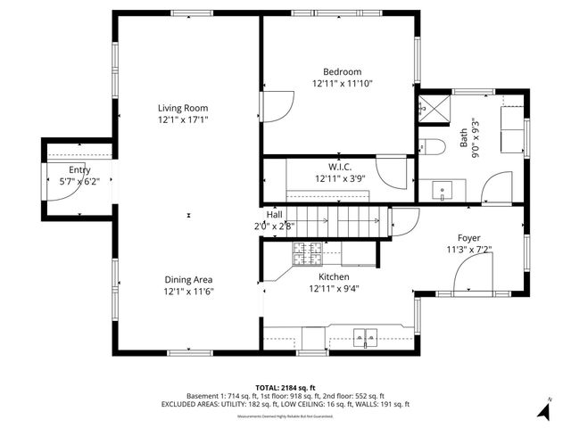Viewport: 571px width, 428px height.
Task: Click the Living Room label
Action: [x=183, y=108]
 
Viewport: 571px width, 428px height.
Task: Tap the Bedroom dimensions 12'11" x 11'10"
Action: [x=342, y=83]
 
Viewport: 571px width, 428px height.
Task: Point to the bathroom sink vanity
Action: [x=443, y=189]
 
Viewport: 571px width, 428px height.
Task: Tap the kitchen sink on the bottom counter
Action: [x=366, y=337]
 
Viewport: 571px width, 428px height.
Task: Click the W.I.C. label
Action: [x=340, y=167]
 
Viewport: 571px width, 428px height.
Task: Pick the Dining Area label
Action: [x=188, y=279]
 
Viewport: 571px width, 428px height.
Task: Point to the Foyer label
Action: [x=468, y=238]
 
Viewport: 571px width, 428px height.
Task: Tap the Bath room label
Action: [x=463, y=139]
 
